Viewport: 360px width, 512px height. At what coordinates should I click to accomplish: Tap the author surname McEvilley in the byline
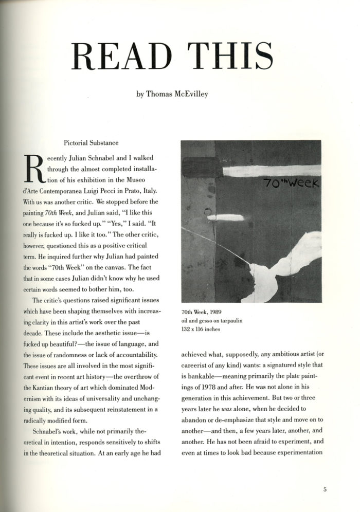click(190, 95)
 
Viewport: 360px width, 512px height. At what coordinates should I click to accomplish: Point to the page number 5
click(325, 489)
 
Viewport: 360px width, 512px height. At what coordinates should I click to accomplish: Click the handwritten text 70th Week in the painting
click(290, 182)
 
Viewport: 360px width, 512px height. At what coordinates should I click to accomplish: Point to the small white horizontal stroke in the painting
click(225, 217)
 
